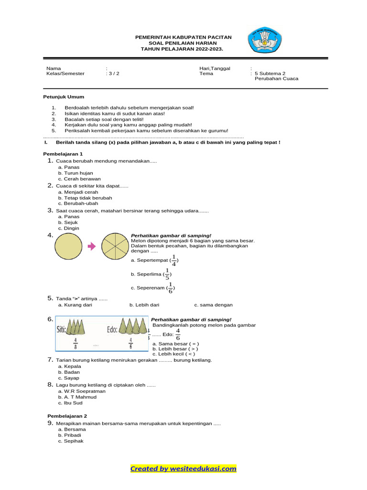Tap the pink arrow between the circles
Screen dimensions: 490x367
[93, 246]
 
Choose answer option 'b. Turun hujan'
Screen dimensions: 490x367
[76, 173]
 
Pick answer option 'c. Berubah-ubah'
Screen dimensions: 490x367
[78, 203]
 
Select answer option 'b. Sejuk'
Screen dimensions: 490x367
[68, 223]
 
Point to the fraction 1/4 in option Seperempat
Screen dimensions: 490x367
[173, 260]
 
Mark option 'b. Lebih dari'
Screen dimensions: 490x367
[144, 305]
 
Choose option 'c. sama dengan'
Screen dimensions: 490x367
[213, 305]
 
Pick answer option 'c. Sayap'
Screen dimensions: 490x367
[68, 378]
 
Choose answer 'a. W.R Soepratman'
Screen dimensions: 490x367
[82, 391]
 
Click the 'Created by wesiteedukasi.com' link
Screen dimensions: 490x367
[183, 469]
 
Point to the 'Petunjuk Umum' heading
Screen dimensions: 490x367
[64, 97]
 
